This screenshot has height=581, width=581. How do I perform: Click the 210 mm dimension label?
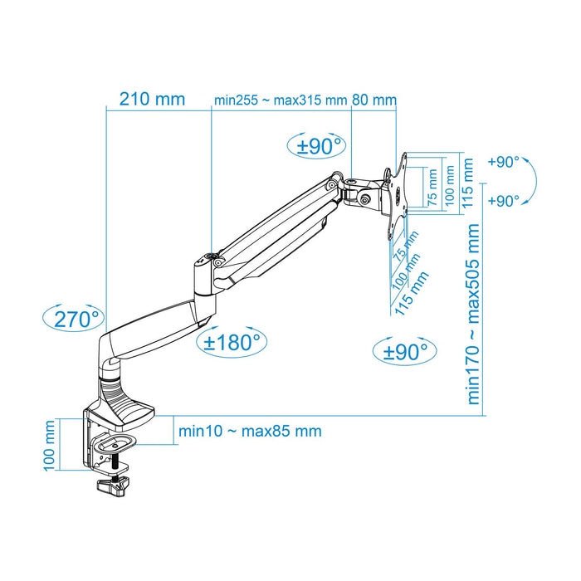(x=152, y=100)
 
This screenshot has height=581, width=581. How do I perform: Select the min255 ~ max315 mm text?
(x=280, y=100)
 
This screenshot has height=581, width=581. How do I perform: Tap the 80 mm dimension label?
(x=375, y=100)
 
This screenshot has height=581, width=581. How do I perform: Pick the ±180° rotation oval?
(x=232, y=340)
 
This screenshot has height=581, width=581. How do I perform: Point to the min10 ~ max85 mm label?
(x=250, y=432)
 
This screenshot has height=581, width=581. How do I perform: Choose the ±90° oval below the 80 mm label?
(x=320, y=146)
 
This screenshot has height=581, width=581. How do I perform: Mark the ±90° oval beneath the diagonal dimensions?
(x=404, y=351)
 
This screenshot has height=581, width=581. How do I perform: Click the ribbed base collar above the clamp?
(x=115, y=390)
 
